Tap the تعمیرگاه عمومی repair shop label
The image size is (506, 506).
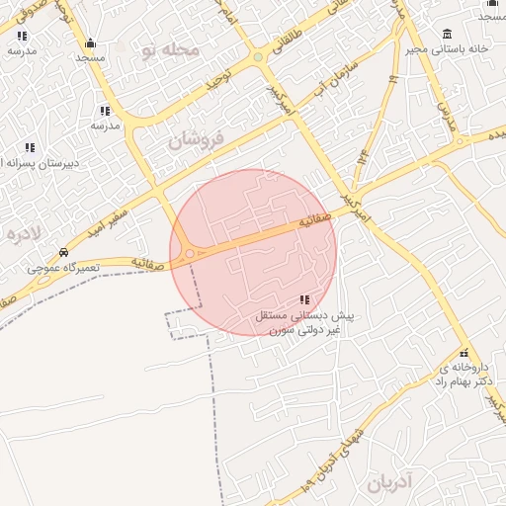60,268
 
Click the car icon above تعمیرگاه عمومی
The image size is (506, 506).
64,253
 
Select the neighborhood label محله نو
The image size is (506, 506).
171,48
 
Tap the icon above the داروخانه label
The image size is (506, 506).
464,353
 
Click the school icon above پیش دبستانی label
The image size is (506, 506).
303,299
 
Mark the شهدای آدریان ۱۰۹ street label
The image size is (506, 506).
341,449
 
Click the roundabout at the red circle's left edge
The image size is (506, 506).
189,254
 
